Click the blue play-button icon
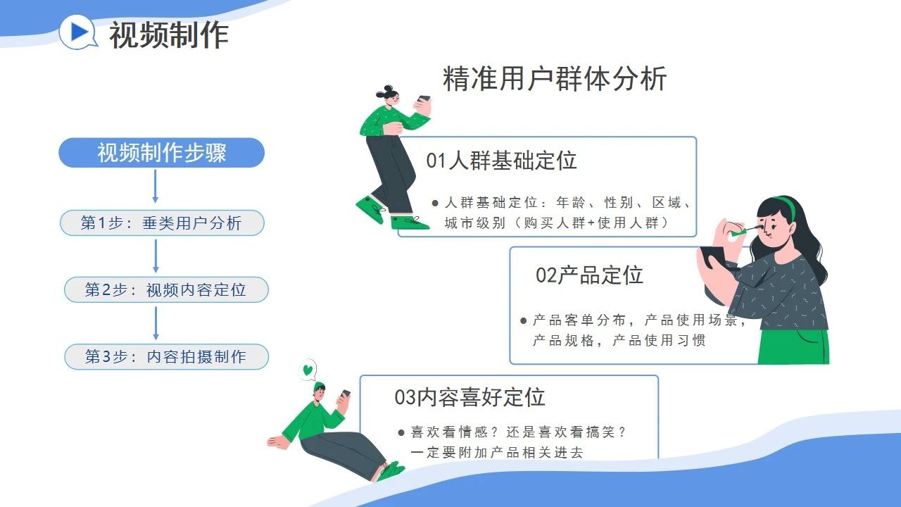tap(77, 32)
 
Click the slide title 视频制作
tap(169, 35)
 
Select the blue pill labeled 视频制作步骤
tap(162, 153)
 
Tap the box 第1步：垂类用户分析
tap(162, 223)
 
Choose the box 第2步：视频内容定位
tap(166, 289)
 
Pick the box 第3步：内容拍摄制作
tap(167, 356)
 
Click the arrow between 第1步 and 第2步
tap(156, 256)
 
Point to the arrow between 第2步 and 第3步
tap(156, 323)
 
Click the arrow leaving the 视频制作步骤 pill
tap(156, 187)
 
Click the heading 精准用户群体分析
tap(555, 79)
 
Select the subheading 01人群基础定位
tap(502, 160)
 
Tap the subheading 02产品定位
tap(589, 275)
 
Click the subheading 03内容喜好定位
tap(470, 397)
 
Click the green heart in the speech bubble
tap(308, 370)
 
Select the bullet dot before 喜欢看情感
tap(401, 433)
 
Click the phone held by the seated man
tap(345, 394)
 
